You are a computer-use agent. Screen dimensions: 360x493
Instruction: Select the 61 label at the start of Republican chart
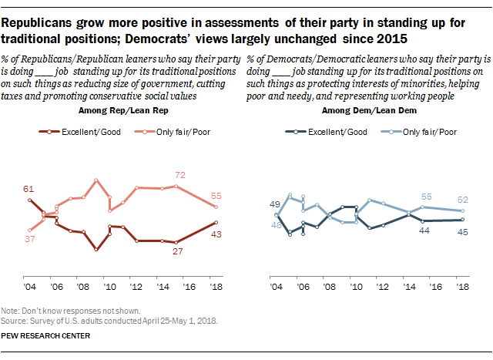tap(29, 190)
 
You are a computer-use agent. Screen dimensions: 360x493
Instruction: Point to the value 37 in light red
tap(29, 239)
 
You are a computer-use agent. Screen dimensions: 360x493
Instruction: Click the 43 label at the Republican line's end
tap(217, 234)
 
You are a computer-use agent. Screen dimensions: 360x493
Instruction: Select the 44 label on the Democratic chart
tap(424, 230)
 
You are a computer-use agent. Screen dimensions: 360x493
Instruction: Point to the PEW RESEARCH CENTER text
tap(46, 335)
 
